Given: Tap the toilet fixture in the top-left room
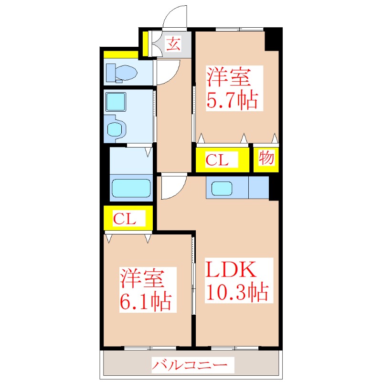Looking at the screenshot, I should click(x=122, y=73).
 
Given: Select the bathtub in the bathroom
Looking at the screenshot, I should click(x=131, y=188).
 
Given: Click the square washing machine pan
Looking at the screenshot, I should click(x=116, y=102).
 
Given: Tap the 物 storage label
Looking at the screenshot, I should click(x=266, y=158).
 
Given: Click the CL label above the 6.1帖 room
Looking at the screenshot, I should click(x=125, y=219).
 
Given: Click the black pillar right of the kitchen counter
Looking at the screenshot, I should click(x=274, y=188).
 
